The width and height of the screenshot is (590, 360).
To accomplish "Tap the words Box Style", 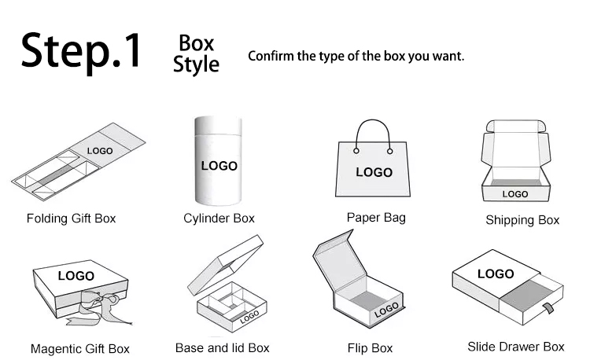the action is click(196, 53).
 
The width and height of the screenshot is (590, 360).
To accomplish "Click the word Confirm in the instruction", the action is click(271, 56).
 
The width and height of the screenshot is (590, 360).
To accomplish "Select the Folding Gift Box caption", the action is click(71, 219).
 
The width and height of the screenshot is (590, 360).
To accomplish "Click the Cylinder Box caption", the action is click(219, 219).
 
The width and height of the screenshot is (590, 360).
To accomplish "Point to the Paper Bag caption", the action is click(376, 218).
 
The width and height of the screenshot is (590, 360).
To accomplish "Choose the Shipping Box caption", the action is click(522, 220).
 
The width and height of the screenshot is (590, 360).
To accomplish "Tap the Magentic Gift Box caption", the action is click(80, 349).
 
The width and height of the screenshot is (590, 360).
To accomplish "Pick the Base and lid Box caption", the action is click(223, 348).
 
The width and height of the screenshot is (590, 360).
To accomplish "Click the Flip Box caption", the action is click(370, 348).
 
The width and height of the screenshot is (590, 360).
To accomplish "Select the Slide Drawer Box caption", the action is click(516, 347).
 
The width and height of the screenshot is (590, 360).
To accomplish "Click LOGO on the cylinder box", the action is click(219, 166).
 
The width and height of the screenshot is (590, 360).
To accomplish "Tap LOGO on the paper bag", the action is click(374, 172).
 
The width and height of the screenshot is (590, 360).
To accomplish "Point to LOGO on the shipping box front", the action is click(515, 194).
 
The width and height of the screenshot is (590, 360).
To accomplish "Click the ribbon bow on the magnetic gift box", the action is click(98, 307).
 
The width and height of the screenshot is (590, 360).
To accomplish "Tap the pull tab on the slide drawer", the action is click(548, 308).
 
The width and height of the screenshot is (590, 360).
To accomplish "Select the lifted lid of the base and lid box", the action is click(226, 265).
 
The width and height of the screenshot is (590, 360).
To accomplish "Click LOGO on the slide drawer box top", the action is click(496, 274).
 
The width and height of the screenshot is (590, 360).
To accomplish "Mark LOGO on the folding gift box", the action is click(100, 151).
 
